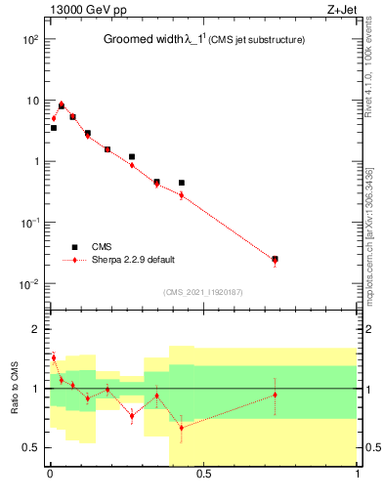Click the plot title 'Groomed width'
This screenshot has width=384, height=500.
(143, 40)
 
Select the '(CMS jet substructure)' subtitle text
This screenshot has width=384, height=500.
(249, 40)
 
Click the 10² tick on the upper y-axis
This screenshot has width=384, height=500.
(29, 40)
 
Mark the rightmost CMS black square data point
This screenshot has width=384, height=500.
(275, 259)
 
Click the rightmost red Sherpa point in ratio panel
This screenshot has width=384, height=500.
(275, 395)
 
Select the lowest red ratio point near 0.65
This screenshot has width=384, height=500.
(182, 427)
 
